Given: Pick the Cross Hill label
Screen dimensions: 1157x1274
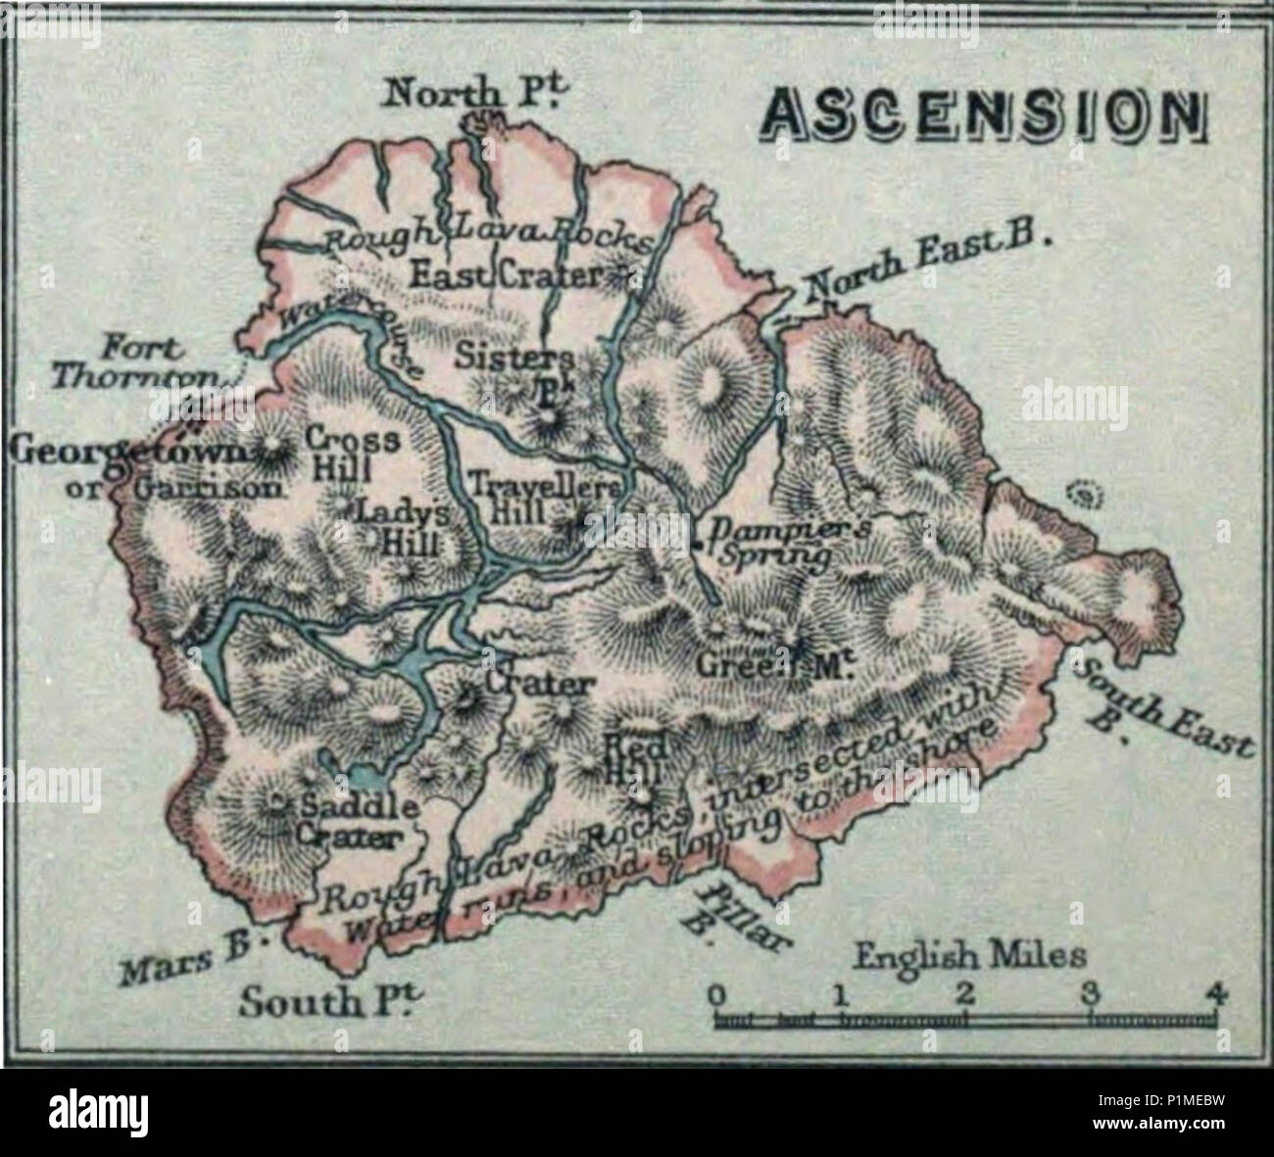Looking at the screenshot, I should [353, 453].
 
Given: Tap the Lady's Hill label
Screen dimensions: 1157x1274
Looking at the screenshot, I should [403, 526].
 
